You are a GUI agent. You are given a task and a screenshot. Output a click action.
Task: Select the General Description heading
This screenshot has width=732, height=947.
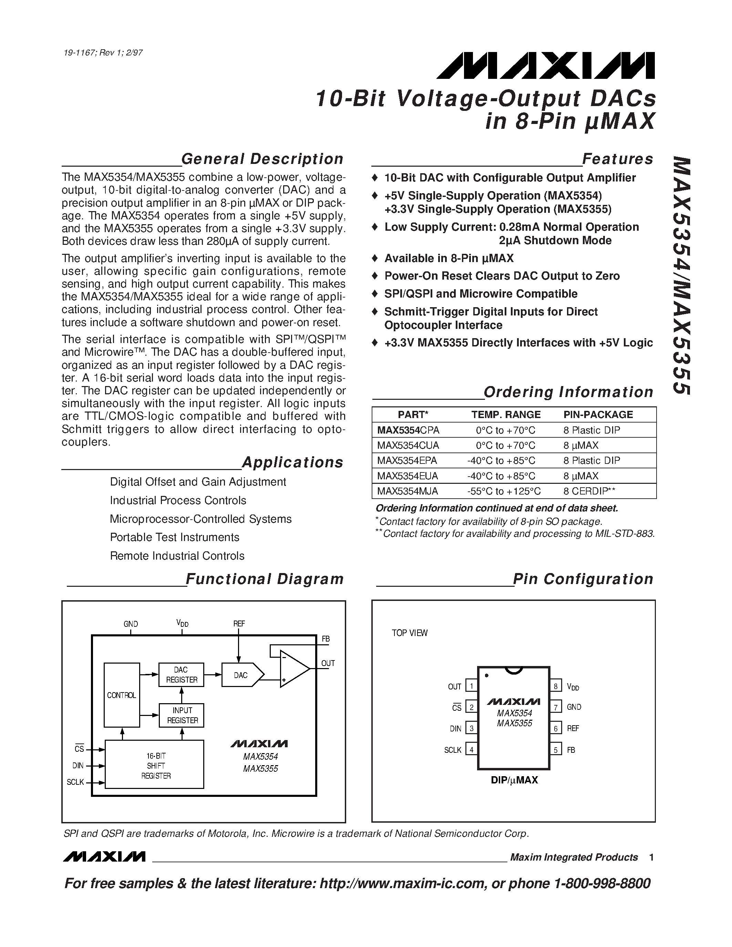click(x=262, y=159)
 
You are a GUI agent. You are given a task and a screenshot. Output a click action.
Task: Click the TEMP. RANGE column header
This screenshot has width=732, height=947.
click(x=506, y=415)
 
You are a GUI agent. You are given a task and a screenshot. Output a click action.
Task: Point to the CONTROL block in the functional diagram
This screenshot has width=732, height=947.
click(x=121, y=695)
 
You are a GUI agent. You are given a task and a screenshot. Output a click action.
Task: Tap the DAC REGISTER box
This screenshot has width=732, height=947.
click(x=181, y=675)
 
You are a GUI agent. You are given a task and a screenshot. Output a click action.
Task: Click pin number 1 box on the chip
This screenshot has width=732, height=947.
click(x=471, y=686)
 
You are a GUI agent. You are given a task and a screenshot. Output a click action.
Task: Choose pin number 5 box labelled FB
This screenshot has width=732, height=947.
click(x=556, y=750)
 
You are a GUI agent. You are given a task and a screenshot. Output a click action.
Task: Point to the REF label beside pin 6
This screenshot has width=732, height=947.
click(x=573, y=728)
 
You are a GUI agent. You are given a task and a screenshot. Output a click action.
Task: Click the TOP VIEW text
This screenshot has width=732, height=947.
click(x=409, y=633)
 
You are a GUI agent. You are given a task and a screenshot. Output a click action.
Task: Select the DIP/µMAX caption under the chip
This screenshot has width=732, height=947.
click(x=514, y=780)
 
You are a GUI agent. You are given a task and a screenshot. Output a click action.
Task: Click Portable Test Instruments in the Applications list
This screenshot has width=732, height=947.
click(x=174, y=537)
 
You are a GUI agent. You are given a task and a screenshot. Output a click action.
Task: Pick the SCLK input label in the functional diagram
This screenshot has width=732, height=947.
click(x=75, y=782)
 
